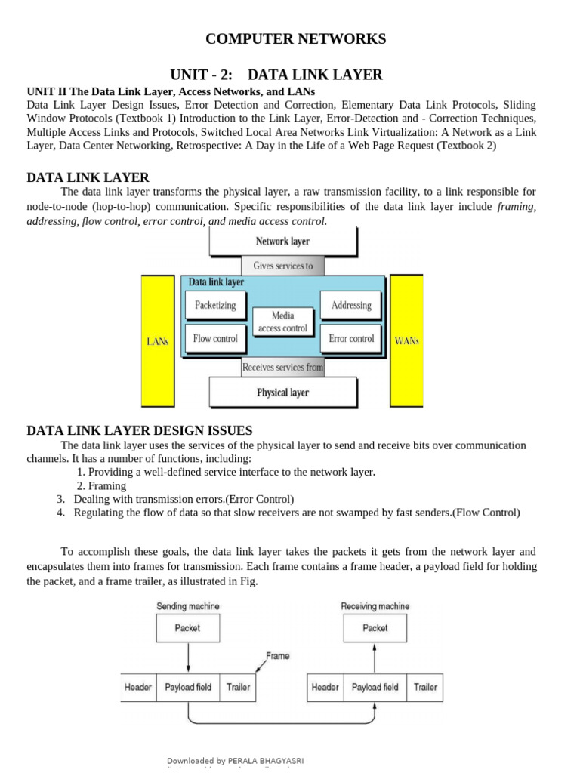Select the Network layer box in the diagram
282,242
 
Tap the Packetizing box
215,305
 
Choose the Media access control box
282,322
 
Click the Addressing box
351,305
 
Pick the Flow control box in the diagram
215,339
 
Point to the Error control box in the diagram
351,339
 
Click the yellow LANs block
158,340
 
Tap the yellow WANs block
407,340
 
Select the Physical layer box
282,393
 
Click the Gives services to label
282,266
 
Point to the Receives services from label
282,368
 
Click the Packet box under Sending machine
187,628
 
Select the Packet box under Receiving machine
375,628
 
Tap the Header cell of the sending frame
138,688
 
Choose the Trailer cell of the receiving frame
425,688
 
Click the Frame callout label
277,656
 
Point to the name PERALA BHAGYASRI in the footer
270,761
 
